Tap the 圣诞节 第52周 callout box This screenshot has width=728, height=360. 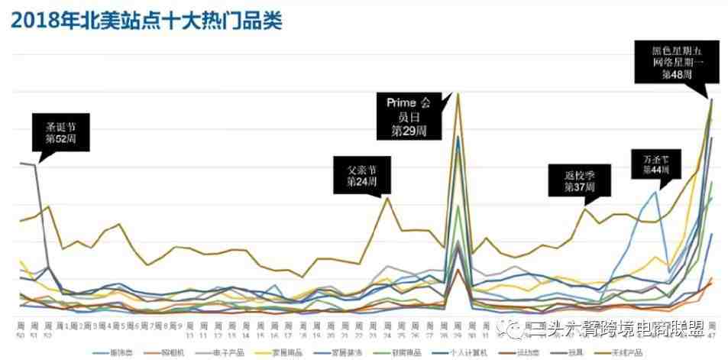click(62, 131)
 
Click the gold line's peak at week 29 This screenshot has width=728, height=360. click(458, 93)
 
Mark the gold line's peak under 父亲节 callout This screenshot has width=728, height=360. click(387, 197)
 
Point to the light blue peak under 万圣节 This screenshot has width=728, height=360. click(655, 192)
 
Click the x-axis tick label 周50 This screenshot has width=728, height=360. click(21, 329)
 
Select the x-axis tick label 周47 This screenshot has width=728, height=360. click(712, 329)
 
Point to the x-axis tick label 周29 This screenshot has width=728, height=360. click(458, 329)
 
